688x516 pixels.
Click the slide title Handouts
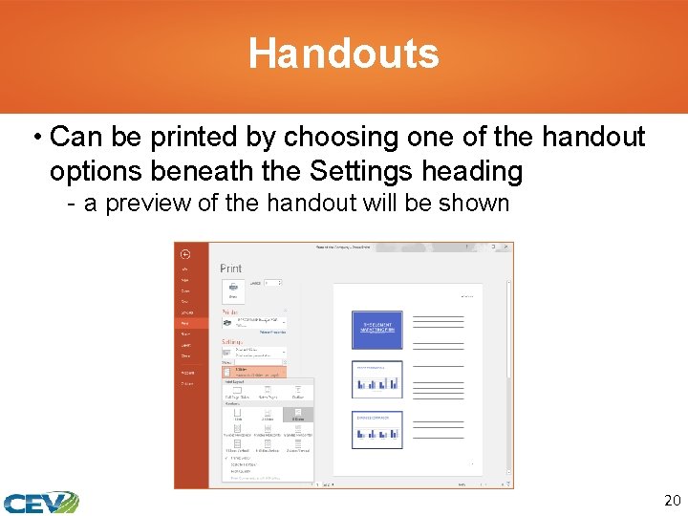pyautogui.click(x=344, y=54)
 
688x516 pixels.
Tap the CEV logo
pyautogui.click(x=39, y=502)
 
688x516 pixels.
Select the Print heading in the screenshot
pyautogui.click(x=231, y=269)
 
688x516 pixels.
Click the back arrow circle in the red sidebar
pyautogui.click(x=185, y=254)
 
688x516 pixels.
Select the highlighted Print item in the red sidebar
pyautogui.click(x=185, y=323)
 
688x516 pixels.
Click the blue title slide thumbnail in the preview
pyautogui.click(x=376, y=330)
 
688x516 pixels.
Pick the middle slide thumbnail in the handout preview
pyautogui.click(x=376, y=379)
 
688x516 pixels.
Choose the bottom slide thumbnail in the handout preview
pyautogui.click(x=376, y=429)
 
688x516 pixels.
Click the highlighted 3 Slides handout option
pyautogui.click(x=298, y=414)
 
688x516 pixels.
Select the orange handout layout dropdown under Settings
pyautogui.click(x=254, y=372)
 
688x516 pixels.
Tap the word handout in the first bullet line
pyautogui.click(x=593, y=138)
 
